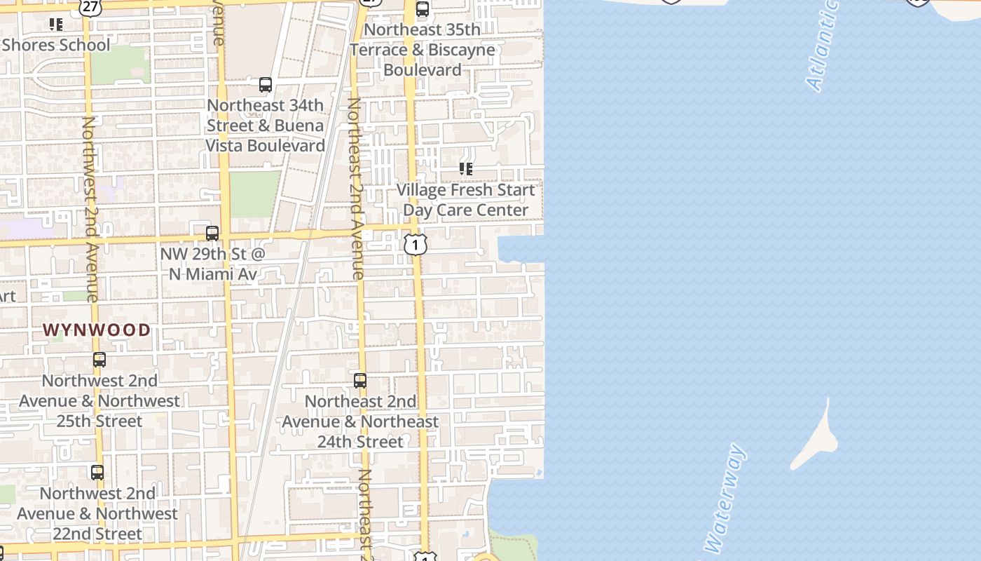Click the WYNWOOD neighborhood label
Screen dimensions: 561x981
(97, 330)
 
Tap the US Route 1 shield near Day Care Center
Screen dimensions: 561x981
(416, 245)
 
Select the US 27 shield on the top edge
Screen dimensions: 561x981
(90, 6)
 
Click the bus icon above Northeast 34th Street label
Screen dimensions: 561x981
(266, 85)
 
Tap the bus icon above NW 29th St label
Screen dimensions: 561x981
(212, 234)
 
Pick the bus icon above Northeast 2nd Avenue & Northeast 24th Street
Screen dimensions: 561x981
(360, 381)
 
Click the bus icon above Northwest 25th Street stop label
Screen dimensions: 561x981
(100, 360)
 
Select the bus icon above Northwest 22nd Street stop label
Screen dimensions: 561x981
(97, 473)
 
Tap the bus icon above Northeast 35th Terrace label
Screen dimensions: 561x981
(423, 9)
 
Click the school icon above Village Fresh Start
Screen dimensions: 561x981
(466, 169)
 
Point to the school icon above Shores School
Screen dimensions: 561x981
(56, 25)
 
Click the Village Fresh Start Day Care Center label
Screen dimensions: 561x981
(466, 200)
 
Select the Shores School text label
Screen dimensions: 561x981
(56, 45)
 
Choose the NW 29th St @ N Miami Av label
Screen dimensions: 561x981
(213, 264)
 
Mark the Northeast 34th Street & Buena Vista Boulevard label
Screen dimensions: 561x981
(266, 126)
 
